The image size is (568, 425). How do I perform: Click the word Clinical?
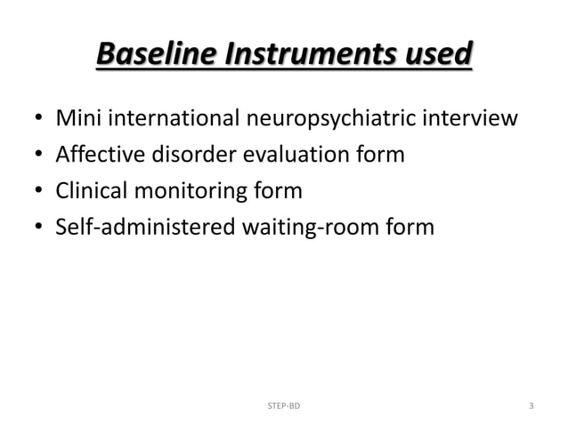(x=93, y=191)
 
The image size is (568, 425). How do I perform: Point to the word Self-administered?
(x=145, y=228)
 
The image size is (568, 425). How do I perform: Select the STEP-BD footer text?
(x=284, y=405)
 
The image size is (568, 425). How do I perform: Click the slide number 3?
(x=531, y=405)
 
